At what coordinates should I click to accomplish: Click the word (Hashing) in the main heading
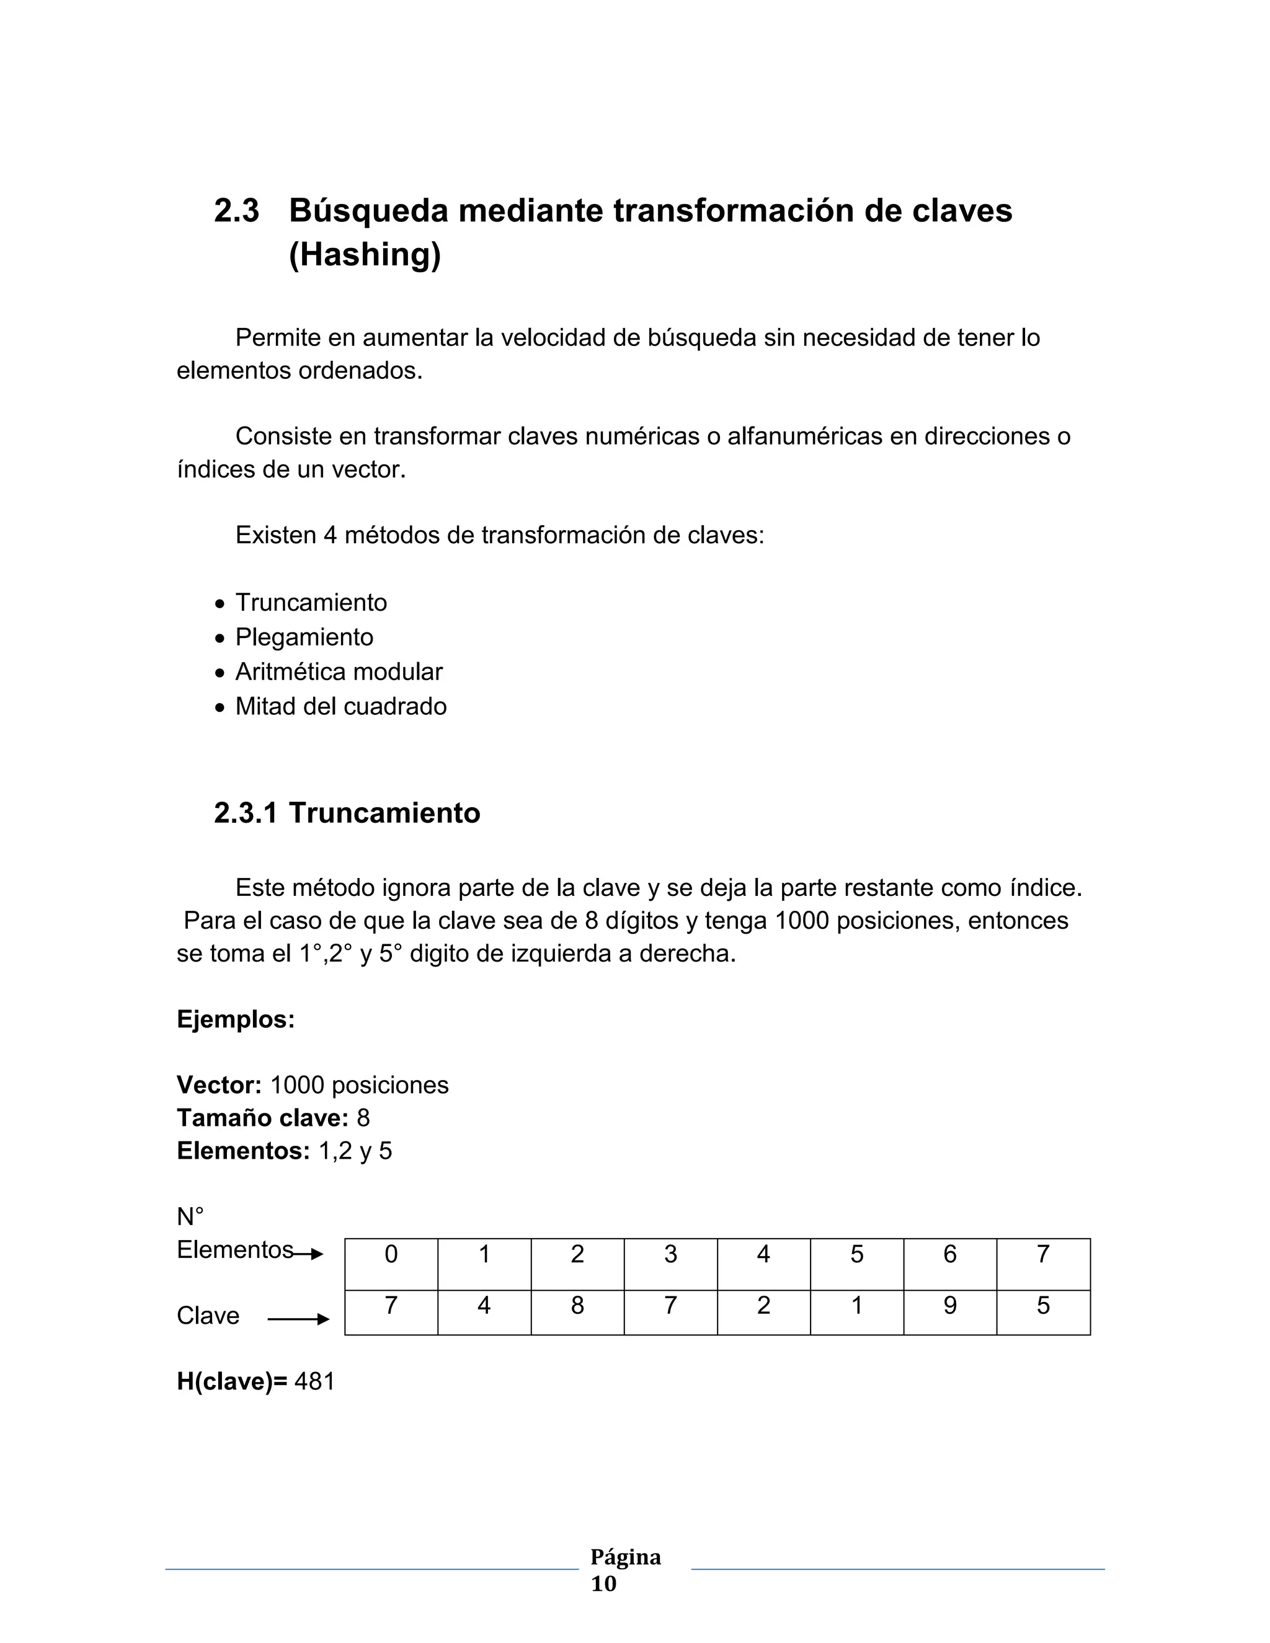tap(365, 254)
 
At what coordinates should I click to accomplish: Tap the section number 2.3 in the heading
tap(236, 211)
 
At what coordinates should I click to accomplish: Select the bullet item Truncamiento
tap(311, 603)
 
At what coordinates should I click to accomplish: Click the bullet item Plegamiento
tap(304, 637)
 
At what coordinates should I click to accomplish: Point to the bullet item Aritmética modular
tap(339, 672)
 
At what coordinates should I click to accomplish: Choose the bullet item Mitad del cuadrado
tap(341, 706)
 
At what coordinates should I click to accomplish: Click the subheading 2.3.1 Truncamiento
tap(347, 813)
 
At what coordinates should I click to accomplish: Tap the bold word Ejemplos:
tap(236, 1019)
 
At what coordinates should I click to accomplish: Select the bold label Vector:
tap(219, 1085)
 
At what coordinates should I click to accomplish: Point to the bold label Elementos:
tap(243, 1151)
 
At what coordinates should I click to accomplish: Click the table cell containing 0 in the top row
tap(391, 1254)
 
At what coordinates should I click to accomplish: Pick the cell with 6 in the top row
tap(949, 1254)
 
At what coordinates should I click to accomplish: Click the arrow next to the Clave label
tap(299, 1319)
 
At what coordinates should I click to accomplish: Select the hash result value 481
tap(314, 1382)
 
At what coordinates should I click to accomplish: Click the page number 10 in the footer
tap(603, 1583)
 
